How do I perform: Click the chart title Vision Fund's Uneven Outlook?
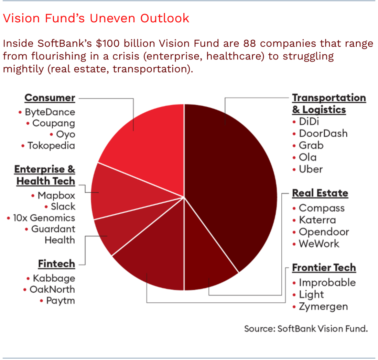(96, 18)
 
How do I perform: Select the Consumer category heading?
(50, 98)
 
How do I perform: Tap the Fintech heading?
(56, 264)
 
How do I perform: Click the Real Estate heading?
(320, 193)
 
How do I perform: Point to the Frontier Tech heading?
(324, 268)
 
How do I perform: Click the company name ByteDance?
(50, 112)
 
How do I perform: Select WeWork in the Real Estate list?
(319, 244)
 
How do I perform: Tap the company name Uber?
(311, 169)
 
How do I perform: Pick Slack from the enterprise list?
(63, 206)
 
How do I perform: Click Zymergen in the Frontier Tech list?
(323, 306)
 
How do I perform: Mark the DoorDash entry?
(323, 133)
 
